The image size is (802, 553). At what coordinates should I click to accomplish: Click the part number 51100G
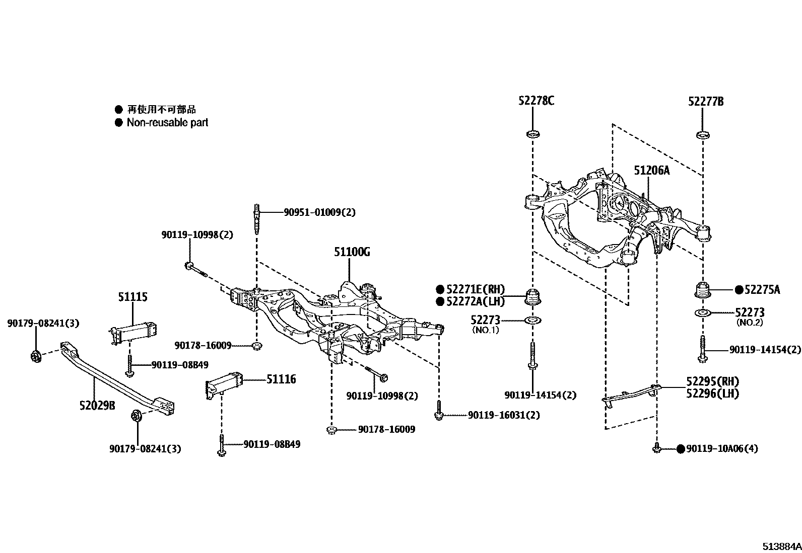click(x=352, y=252)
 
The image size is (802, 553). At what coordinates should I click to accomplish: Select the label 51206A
click(x=651, y=171)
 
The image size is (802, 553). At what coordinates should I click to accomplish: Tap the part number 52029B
click(x=97, y=405)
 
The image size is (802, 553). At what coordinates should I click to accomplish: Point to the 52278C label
click(x=536, y=101)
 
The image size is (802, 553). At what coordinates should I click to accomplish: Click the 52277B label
click(x=706, y=102)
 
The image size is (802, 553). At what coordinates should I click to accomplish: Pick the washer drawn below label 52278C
click(x=532, y=134)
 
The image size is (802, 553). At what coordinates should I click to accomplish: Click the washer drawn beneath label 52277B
click(x=703, y=135)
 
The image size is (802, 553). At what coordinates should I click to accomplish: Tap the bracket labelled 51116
click(x=224, y=386)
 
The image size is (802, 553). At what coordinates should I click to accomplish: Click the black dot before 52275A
click(x=739, y=289)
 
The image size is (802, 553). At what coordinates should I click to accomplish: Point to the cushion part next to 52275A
click(x=702, y=292)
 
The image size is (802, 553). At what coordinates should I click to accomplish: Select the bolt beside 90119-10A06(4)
click(x=656, y=448)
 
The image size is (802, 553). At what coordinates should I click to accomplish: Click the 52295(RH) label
click(x=712, y=381)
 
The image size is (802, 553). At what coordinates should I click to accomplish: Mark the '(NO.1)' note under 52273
click(x=485, y=330)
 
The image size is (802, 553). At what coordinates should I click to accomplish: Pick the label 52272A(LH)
click(x=474, y=301)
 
